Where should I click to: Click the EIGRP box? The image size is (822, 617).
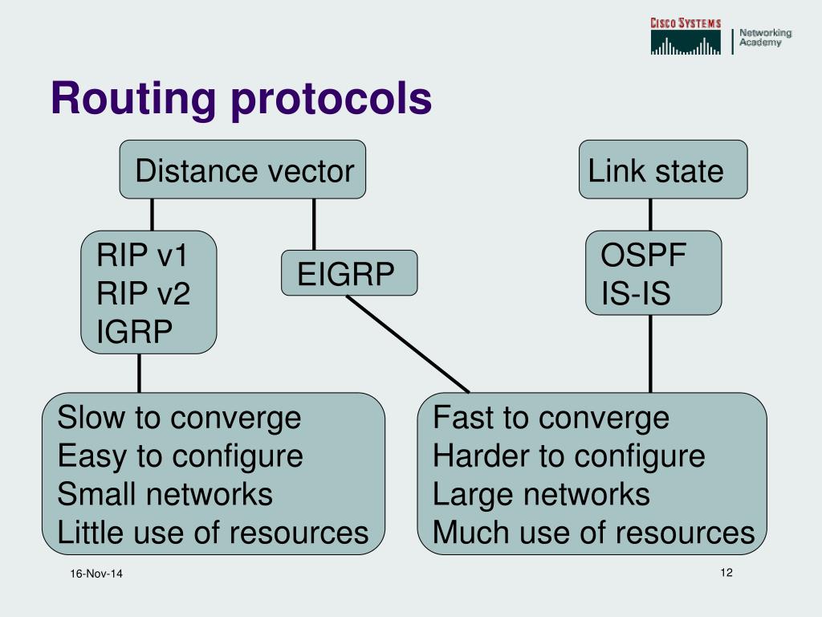coord(348,274)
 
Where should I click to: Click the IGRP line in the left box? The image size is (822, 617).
coord(134,331)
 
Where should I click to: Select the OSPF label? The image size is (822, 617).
coord(644,255)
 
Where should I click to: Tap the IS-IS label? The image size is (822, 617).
coord(636,294)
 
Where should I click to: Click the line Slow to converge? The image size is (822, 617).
coord(179,418)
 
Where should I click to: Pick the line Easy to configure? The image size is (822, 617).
coord(180,456)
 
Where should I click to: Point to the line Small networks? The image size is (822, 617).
coord(165,494)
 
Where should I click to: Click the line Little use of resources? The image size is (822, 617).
coord(213,532)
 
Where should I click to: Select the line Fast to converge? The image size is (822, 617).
coord(551,418)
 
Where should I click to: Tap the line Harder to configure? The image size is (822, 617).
coord(568,456)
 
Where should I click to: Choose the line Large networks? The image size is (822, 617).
coord(541,494)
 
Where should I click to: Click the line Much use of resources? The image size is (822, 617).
coord(593,532)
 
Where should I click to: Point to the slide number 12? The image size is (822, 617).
coord(727,572)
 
